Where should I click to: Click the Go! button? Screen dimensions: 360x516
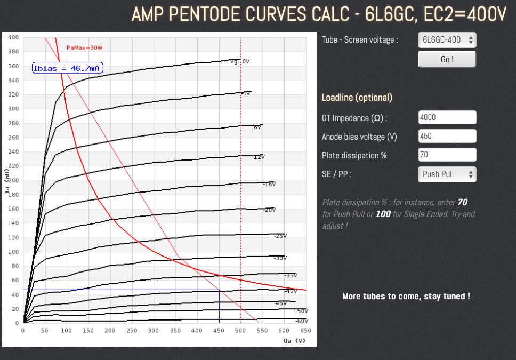447,59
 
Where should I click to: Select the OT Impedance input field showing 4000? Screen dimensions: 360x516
447,117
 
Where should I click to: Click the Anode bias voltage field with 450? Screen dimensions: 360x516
447,136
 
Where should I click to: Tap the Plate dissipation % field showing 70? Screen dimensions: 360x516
447,155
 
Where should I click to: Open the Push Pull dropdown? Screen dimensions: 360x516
447,174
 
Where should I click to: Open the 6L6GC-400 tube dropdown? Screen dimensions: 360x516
447,39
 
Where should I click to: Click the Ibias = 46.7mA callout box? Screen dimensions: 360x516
67,68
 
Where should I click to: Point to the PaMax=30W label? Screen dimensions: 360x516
84,48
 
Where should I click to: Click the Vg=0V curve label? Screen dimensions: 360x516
240,61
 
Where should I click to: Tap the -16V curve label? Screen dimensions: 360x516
269,184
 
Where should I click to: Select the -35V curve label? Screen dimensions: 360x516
291,275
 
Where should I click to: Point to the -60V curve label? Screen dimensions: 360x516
302,321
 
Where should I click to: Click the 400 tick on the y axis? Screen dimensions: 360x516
13,37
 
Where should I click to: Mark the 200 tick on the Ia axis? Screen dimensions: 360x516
13,180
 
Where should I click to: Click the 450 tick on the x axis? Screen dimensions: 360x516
219,331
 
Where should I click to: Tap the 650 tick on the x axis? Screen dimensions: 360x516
306,331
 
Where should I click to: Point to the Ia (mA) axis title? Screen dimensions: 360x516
7,181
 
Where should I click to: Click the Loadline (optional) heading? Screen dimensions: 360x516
357,98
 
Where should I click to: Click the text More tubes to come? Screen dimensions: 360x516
406,296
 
